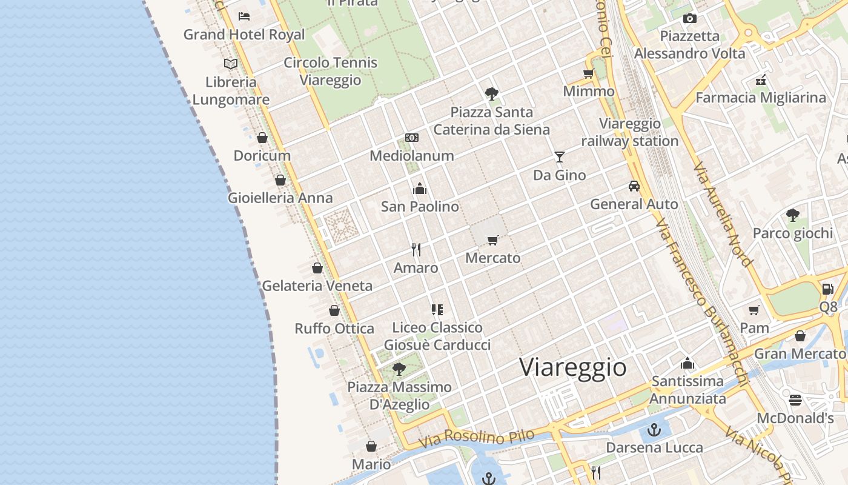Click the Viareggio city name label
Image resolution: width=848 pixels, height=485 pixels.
572,367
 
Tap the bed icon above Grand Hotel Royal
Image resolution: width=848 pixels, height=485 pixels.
244,16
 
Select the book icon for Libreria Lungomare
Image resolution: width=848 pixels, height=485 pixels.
231,64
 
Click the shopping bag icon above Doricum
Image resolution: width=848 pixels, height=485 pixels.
262,138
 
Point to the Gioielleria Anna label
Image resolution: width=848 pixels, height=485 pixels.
280,198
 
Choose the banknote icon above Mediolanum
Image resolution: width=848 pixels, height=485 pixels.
412,138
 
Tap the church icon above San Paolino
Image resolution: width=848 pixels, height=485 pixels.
420,189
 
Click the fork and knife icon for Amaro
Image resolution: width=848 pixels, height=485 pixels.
416,249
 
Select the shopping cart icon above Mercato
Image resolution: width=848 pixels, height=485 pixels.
492,240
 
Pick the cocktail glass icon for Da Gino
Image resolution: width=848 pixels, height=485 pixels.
559,157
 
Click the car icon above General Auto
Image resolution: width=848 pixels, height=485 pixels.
634,186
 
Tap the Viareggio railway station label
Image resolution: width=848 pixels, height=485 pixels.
630,133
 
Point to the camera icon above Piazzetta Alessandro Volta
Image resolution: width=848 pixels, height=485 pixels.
689,19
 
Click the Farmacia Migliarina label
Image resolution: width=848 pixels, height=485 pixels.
760,98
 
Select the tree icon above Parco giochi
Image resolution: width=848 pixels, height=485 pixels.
792,215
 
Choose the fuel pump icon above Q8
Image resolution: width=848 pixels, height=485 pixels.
827,289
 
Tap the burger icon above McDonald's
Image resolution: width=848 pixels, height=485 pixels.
795,400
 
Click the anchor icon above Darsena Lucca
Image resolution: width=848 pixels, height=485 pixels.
654,430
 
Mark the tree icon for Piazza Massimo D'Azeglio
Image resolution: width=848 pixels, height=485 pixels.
399,369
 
